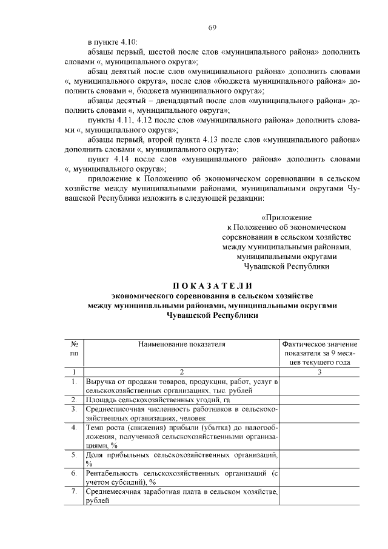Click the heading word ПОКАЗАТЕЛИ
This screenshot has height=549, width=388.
click(212, 286)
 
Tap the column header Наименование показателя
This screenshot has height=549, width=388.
click(181, 343)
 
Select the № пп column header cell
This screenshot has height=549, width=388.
click(73, 348)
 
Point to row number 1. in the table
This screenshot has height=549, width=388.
click(73, 382)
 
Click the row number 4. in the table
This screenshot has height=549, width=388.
click(73, 428)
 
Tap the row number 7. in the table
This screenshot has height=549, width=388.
click(73, 491)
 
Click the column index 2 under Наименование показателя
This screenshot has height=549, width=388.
click(181, 372)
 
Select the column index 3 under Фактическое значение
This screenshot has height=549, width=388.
click(319, 372)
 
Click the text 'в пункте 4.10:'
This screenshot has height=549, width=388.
click(113, 42)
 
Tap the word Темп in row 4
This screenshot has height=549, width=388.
click(95, 428)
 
